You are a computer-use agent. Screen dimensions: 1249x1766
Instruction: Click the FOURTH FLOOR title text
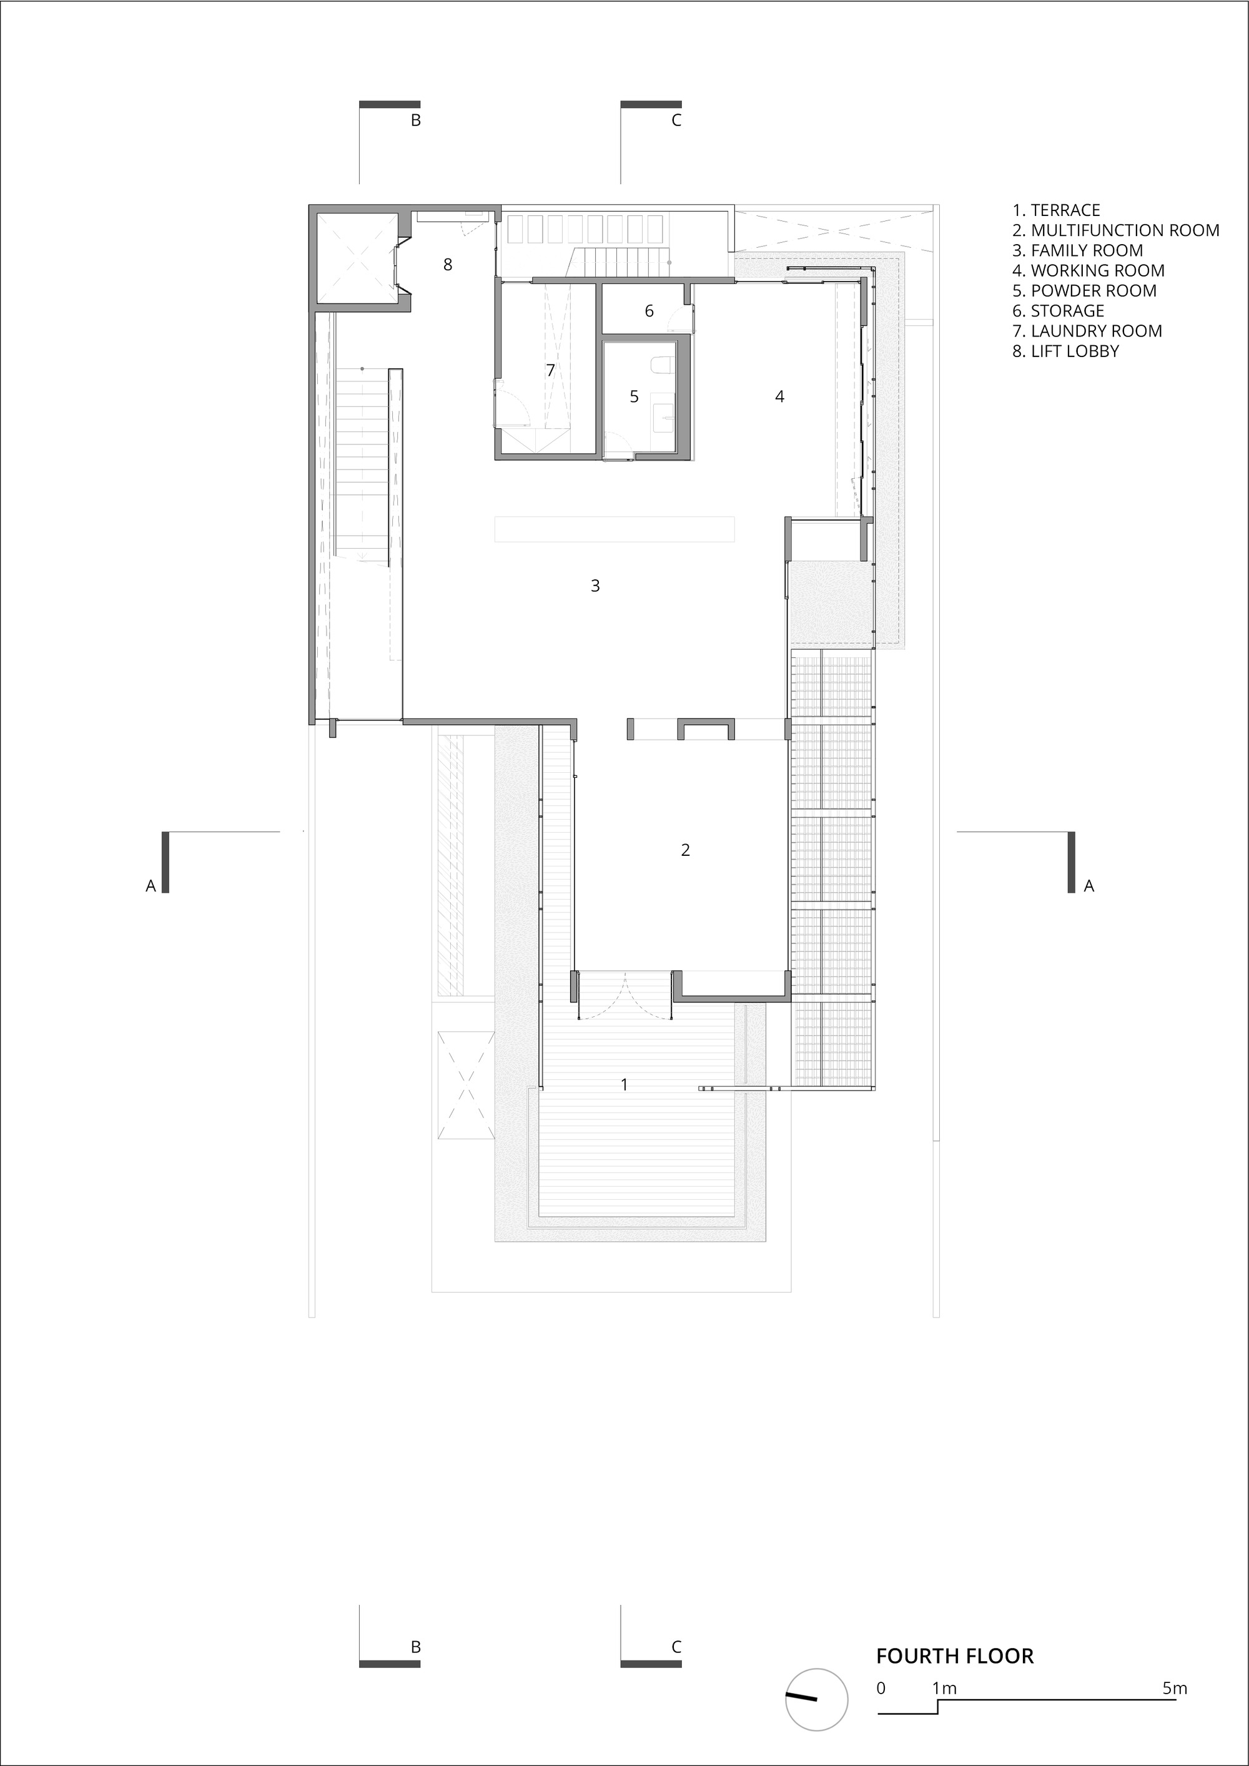[955, 1656]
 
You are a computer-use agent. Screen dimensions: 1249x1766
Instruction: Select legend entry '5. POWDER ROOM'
[1084, 291]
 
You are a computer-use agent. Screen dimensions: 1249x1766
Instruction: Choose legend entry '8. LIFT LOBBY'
[1066, 351]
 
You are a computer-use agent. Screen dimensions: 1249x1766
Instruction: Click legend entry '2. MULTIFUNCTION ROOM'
[1116, 230]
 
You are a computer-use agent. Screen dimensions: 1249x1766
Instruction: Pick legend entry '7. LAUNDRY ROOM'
[1087, 331]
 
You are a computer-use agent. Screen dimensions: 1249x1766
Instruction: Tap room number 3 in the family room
[595, 586]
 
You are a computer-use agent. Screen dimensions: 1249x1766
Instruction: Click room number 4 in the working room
[779, 397]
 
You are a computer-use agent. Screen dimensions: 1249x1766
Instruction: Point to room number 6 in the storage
[649, 311]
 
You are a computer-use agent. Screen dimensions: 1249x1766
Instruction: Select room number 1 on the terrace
[624, 1084]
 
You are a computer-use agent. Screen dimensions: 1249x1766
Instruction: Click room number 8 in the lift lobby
[448, 265]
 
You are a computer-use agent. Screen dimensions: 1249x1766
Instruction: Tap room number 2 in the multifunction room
[685, 850]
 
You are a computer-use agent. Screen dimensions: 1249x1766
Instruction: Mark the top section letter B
[415, 120]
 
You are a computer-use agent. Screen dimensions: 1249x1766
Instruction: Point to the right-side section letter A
[1089, 886]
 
